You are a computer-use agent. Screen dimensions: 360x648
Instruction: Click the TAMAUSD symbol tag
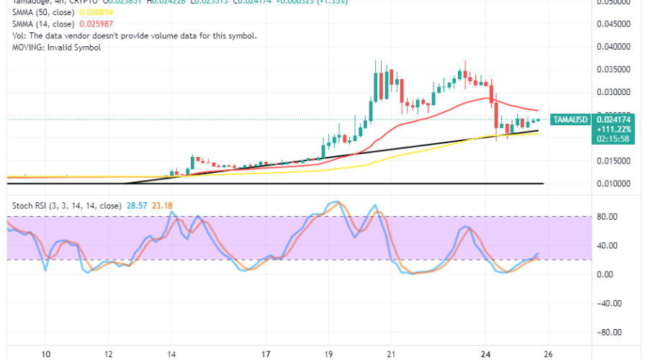tap(570, 119)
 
